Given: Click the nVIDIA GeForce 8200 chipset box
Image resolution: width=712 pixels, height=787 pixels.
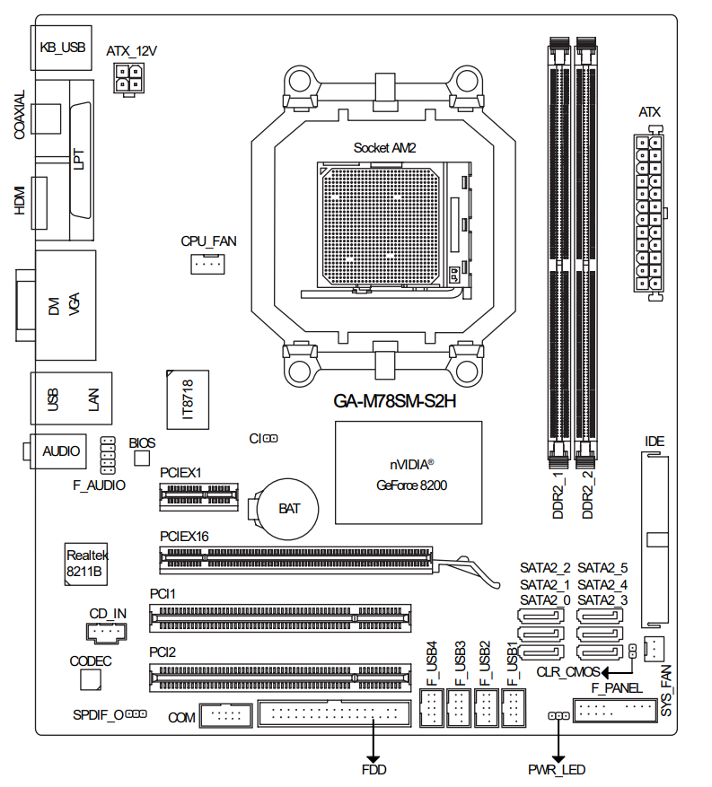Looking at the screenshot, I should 409,473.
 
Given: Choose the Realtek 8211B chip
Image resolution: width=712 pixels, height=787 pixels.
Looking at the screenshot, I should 84,564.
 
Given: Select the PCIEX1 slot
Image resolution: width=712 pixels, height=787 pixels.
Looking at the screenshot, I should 199,494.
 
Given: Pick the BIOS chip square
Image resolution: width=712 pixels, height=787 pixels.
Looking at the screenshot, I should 141,459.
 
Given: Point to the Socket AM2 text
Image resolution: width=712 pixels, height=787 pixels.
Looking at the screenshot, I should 384,147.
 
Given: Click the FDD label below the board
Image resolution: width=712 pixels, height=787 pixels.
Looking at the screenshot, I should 374,770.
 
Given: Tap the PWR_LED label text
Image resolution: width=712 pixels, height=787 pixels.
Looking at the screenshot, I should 557,770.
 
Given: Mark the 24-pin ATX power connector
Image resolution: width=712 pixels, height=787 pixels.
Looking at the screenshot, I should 648,213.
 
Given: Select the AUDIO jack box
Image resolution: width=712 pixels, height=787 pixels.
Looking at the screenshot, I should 61,451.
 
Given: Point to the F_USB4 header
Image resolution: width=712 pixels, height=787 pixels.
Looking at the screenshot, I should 432,710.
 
